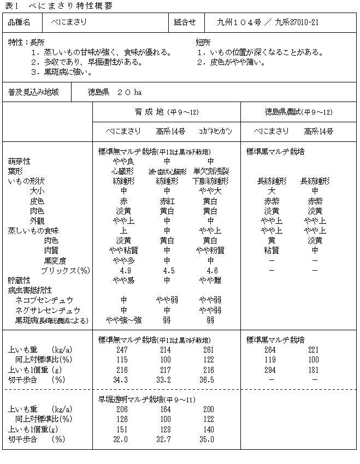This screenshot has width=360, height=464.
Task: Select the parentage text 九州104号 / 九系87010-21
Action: click(x=268, y=23)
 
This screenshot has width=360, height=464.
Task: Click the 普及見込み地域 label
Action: click(x=33, y=92)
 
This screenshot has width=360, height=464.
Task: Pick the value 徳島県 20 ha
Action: click(x=115, y=92)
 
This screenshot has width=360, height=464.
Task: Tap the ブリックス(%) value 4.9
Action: click(x=125, y=271)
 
